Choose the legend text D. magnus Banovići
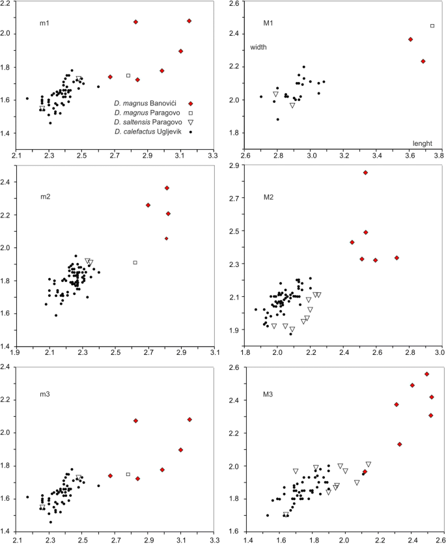click(147, 104)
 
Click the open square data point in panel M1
click(432, 26)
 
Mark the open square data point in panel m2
click(135, 262)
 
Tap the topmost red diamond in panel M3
click(426, 374)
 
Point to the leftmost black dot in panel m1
click(27, 98)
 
